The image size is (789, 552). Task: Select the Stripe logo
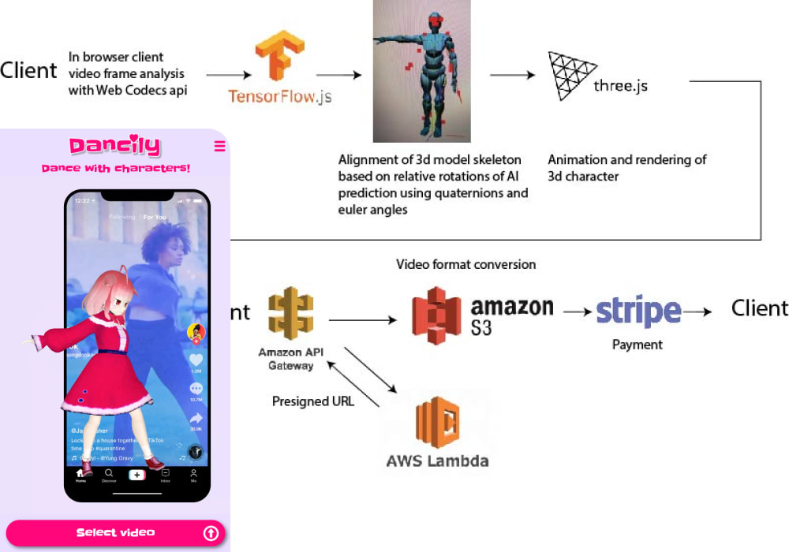[638, 311]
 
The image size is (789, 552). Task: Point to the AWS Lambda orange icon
[438, 422]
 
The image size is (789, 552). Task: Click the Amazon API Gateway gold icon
[290, 313]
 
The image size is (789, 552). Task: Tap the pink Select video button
[115, 533]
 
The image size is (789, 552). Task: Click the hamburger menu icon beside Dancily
[219, 146]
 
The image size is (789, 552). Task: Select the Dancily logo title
[115, 146]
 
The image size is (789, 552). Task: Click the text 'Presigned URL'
[312, 401]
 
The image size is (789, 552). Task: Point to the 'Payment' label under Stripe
[638, 345]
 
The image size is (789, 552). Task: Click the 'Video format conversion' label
[466, 264]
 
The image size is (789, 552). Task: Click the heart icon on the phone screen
[196, 360]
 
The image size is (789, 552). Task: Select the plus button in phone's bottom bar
[137, 475]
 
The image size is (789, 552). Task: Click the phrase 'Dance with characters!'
[115, 169]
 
